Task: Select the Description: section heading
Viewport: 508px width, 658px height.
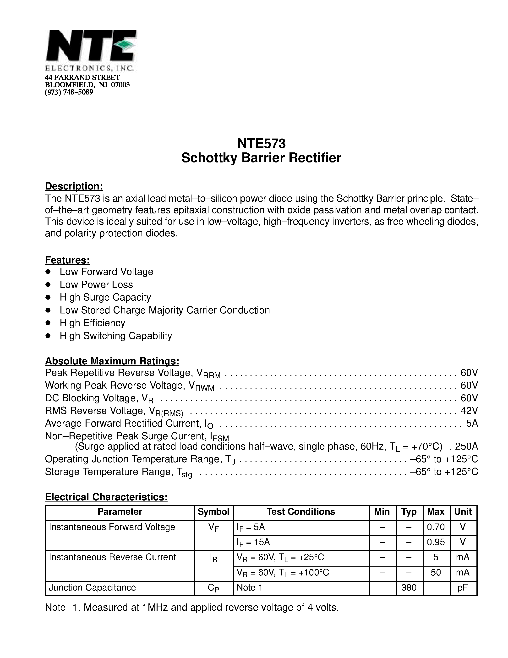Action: (x=74, y=186)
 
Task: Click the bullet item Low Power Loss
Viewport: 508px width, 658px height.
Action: (x=96, y=284)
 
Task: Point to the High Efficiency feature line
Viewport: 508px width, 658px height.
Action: (x=92, y=323)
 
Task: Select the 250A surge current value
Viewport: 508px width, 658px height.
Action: (x=466, y=446)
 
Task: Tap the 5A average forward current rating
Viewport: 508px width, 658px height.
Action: (x=472, y=423)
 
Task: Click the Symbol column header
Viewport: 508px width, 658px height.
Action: (x=213, y=512)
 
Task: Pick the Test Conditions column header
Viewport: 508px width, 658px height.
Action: (x=301, y=512)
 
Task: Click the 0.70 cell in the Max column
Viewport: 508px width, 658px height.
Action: (x=436, y=527)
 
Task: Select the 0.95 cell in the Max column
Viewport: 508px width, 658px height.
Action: (x=436, y=542)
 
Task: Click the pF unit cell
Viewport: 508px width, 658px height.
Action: (x=463, y=587)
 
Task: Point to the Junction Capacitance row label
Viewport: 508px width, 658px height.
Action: (x=92, y=587)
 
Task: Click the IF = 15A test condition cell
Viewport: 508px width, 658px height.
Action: (x=253, y=542)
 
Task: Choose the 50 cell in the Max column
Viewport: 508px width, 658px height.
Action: (x=436, y=572)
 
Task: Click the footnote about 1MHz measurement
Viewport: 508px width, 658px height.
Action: (x=192, y=607)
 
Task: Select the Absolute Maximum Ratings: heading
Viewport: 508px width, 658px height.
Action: (x=112, y=361)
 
